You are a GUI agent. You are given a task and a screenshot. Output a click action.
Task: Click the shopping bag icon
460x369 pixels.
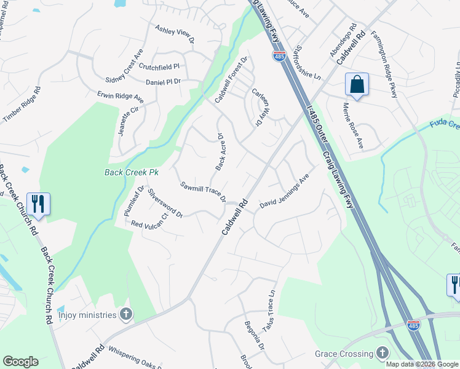357,84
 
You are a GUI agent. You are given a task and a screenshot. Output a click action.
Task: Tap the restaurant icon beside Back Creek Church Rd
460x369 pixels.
38,204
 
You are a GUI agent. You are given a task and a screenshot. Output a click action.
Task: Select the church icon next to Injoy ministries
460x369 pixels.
125,315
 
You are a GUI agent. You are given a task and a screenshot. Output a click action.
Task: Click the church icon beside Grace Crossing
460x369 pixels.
383,354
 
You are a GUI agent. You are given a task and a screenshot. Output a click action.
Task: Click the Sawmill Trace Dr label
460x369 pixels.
203,192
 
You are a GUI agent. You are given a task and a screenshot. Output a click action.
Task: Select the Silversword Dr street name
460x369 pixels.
165,204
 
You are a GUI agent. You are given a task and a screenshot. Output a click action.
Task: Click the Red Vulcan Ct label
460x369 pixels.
149,221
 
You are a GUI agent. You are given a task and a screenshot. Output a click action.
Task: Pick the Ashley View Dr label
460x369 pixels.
175,33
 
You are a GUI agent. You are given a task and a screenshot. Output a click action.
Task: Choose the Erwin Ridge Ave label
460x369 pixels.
121,97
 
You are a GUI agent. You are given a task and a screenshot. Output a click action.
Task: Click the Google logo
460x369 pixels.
20,362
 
